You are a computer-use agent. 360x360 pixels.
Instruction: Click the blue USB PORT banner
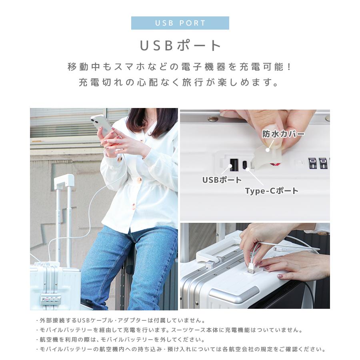pos(180,23)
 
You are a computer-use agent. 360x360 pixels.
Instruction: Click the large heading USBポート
pos(180,45)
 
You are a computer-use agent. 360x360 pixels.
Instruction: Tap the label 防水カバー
pos(283,134)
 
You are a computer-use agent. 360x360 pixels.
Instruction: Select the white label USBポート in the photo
pos(222,180)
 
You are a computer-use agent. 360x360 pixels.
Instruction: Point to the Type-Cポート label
pos(272,191)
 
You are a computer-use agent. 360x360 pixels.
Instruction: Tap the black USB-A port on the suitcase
pos(234,164)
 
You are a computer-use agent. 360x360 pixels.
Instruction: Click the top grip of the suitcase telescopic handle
pos(64,181)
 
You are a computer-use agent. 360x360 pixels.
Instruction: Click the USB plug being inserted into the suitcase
pos(251,267)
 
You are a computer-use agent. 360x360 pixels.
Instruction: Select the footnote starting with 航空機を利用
pos(120,340)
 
